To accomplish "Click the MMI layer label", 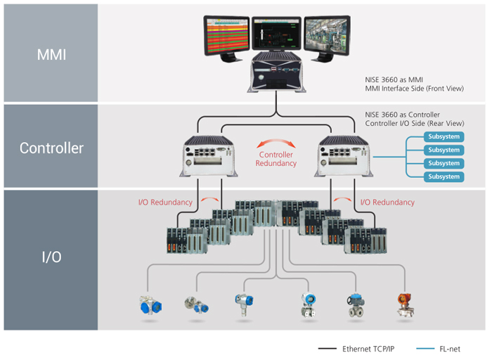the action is (x=51, y=55).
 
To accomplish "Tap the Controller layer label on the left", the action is (x=51, y=148).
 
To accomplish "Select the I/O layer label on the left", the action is (x=51, y=257).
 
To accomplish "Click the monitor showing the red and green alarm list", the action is (x=226, y=38).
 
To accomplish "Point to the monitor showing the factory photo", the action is (x=327, y=38).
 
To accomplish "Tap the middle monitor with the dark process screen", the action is (x=276, y=34).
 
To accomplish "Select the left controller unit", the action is (x=209, y=156).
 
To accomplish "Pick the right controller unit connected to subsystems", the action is (x=344, y=156).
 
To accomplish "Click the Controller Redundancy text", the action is (x=276, y=159).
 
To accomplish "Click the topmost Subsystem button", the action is (x=444, y=136).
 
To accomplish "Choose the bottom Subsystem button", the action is (x=444, y=176).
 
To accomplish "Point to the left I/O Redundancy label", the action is (x=165, y=202).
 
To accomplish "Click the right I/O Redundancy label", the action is (x=387, y=202).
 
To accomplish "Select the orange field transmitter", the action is (x=406, y=305).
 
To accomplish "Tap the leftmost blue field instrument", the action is (x=150, y=304).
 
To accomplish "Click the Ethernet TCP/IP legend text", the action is (x=368, y=349).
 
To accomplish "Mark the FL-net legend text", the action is (x=450, y=349).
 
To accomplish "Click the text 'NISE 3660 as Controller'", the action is (x=402, y=115).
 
